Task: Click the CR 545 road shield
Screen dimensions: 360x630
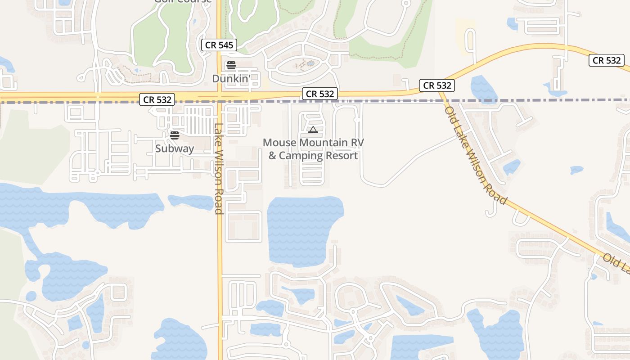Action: pos(219,45)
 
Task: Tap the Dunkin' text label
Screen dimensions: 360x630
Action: pos(231,79)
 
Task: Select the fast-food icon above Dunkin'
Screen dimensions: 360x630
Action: pos(231,65)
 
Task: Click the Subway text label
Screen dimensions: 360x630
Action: pos(175,148)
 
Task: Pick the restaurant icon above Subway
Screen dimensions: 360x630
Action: pos(175,135)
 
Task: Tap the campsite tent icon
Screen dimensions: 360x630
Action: pos(313,130)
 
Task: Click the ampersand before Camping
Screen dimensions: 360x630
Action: pos(272,156)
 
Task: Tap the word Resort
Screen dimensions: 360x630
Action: pos(343,156)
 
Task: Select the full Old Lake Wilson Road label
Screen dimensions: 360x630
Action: pos(476,155)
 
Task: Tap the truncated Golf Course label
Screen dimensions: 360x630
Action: pos(183,1)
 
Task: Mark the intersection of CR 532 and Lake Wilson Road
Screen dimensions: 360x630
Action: pos(219,96)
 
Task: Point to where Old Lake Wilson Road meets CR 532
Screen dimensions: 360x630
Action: pos(440,92)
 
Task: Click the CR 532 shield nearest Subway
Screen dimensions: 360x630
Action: pos(157,100)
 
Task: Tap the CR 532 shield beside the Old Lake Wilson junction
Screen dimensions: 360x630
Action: pos(437,85)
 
